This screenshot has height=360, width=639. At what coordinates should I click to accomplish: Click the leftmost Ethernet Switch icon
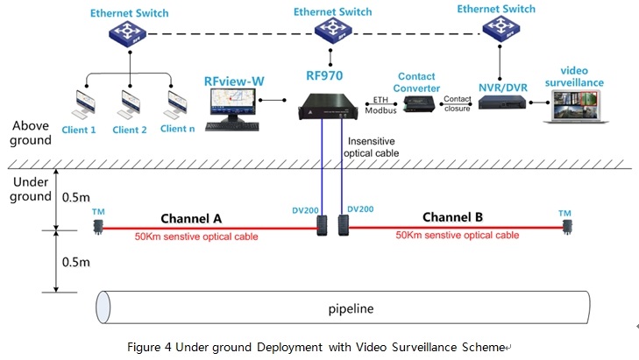pyautogui.click(x=130, y=35)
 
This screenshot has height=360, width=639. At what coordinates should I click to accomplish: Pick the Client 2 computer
pyautogui.click(x=131, y=104)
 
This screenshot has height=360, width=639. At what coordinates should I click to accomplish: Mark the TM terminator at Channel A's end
pyautogui.click(x=98, y=227)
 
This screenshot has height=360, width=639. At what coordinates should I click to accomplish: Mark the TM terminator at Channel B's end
pyautogui.click(x=568, y=227)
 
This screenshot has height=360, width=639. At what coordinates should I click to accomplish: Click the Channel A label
pyautogui.click(x=190, y=217)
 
